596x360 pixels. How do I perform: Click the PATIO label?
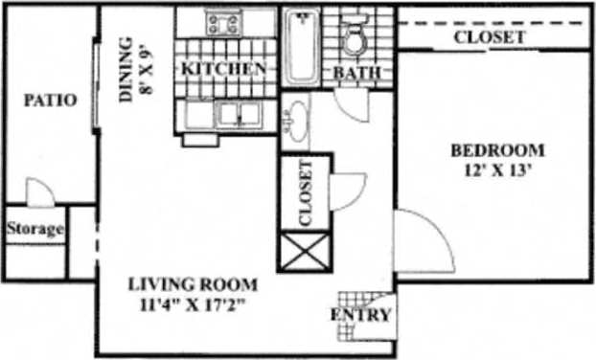pyautogui.click(x=51, y=100)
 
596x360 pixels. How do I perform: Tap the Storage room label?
pyautogui.click(x=35, y=230)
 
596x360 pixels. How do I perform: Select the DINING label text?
pyautogui.click(x=126, y=68)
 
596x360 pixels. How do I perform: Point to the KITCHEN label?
pyautogui.click(x=223, y=69)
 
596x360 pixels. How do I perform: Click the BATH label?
pyautogui.click(x=356, y=73)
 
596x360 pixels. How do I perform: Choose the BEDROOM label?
pyautogui.click(x=497, y=150)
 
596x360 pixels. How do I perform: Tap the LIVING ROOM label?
pyautogui.click(x=195, y=284)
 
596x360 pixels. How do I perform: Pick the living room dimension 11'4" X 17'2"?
pyautogui.click(x=195, y=305)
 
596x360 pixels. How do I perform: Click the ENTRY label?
pyautogui.click(x=360, y=315)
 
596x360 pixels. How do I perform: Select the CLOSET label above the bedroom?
pyautogui.click(x=489, y=37)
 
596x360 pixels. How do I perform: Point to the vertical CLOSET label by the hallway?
pyautogui.click(x=306, y=192)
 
